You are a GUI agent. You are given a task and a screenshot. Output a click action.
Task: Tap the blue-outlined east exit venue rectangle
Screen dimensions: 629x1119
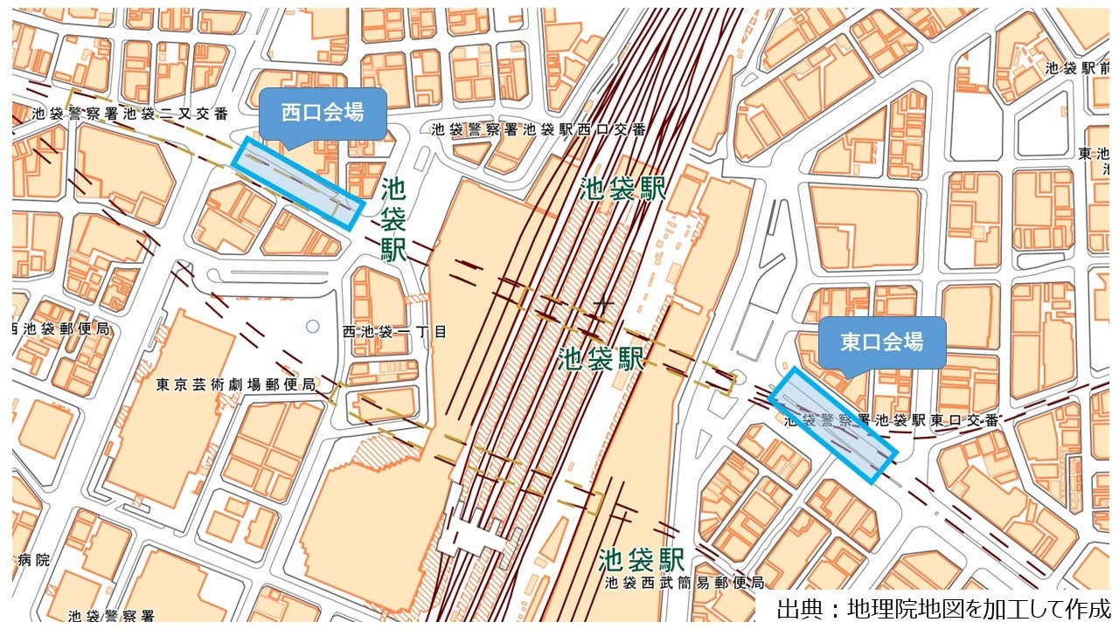pyautogui.click(x=833, y=425)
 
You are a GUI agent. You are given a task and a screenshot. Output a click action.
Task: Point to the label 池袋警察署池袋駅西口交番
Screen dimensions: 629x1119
pyautogui.click(x=539, y=129)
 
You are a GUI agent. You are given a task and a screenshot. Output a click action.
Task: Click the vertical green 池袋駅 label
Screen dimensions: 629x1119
pyautogui.click(x=393, y=219)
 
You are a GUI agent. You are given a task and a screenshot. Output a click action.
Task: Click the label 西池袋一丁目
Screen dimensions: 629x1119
pyautogui.click(x=394, y=332)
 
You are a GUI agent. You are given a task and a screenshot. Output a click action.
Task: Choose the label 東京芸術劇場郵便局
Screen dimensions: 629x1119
pyautogui.click(x=236, y=384)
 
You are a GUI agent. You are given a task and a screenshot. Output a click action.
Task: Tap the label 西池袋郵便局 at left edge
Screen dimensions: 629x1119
pyautogui.click(x=61, y=328)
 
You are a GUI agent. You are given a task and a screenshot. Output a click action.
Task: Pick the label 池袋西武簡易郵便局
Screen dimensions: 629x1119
pyautogui.click(x=684, y=583)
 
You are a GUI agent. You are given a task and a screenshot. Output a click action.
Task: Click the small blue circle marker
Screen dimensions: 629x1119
pyautogui.click(x=312, y=327)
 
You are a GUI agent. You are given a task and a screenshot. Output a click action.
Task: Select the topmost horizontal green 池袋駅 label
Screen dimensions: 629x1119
pyautogui.click(x=622, y=189)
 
